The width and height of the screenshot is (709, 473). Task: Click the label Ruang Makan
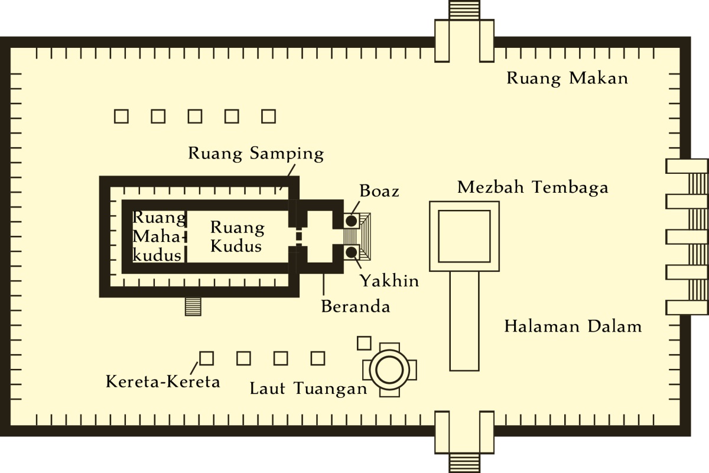pos(567,79)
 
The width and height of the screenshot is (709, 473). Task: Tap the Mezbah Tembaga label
pos(532,187)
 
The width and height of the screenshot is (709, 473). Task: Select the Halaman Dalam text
pos(573,326)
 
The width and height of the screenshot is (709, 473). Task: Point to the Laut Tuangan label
pos(308,388)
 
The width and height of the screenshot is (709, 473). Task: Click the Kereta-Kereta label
pos(162,381)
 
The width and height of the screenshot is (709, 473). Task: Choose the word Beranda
pos(355,307)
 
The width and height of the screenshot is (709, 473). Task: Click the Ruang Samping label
pos(256,154)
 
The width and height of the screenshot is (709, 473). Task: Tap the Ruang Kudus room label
pos(237,236)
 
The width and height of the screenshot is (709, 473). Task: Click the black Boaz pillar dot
pos(352,221)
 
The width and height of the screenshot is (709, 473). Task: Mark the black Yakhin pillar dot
pos(352,252)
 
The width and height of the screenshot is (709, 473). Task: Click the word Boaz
pos(379,192)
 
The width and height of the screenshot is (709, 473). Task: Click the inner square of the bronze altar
pos(464,236)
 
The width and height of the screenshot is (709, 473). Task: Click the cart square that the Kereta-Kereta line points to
pos(206,358)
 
